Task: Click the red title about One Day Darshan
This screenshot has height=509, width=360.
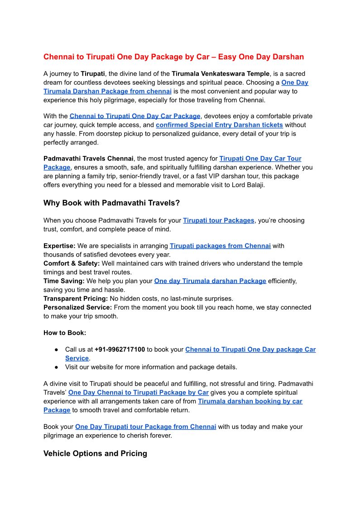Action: tap(173, 57)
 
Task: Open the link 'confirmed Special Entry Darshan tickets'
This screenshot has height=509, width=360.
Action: tap(219, 125)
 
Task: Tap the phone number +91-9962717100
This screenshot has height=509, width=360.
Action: tap(120, 349)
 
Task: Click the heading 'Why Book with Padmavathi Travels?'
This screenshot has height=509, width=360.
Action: tap(111, 203)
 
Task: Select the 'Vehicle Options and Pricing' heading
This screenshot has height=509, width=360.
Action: tap(95, 453)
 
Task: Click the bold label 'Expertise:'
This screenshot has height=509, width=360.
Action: tap(59, 246)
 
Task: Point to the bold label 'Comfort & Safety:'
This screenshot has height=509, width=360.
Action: tap(72, 263)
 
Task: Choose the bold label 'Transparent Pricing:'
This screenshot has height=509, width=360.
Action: tap(75, 299)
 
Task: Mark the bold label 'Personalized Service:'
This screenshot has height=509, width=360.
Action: tap(77, 307)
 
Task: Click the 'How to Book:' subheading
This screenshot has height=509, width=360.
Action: tap(65, 333)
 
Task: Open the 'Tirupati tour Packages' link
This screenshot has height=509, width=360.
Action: tap(218, 220)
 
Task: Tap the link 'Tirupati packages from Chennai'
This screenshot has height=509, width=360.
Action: tap(220, 246)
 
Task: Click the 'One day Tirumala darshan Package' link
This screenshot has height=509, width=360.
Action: tap(210, 281)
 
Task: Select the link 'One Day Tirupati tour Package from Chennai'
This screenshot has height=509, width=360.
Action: tap(145, 427)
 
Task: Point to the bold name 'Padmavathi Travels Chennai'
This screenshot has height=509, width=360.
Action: tap(88, 159)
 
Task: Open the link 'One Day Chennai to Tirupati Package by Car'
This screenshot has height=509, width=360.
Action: tap(138, 393)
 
